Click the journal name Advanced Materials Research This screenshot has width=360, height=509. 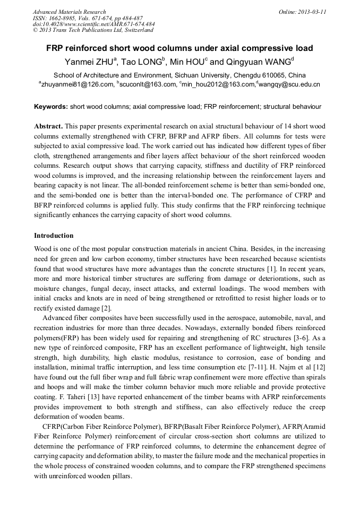point(69,12)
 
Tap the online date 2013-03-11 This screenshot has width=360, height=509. point(311,12)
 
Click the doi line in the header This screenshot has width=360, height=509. point(93,24)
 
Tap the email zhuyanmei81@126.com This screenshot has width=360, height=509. point(78,84)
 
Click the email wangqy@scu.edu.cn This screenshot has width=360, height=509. point(289,84)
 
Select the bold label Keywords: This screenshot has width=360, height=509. point(51,107)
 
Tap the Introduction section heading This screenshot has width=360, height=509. point(54,235)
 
